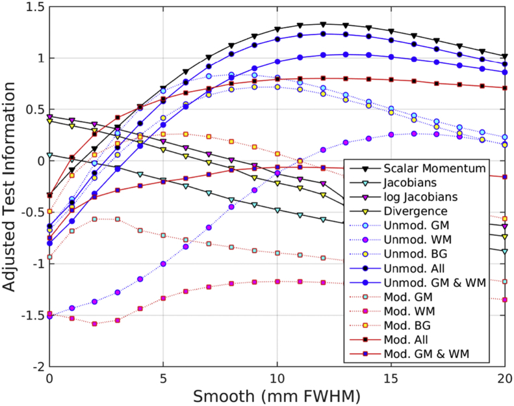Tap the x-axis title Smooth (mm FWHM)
tap(277, 395)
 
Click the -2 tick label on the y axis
tap(36, 366)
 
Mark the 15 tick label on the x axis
tap(391, 378)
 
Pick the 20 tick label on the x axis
tap(504, 378)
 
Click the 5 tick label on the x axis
tap(163, 378)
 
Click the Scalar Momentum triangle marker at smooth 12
tap(323, 24)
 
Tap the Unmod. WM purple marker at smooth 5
tap(163, 264)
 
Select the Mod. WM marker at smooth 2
tap(95, 323)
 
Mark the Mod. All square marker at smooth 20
tap(504, 88)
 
